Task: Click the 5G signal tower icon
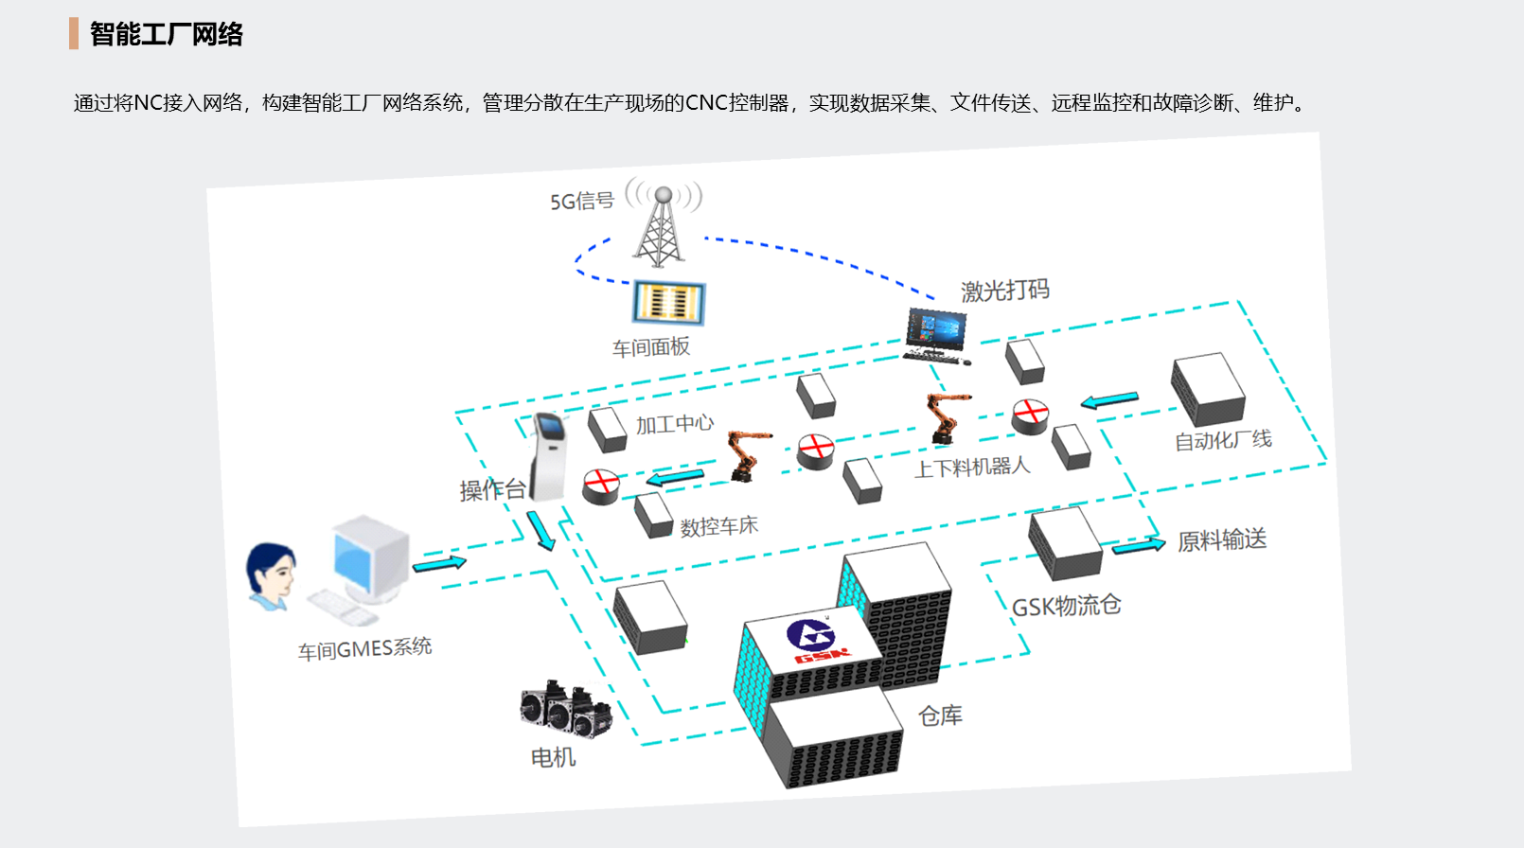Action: [662, 227]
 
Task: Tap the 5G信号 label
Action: [582, 201]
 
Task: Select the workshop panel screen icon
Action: [668, 303]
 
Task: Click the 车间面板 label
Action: [651, 347]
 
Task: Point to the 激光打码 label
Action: [1005, 290]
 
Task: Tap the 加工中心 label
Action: [674, 424]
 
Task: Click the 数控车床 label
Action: [719, 526]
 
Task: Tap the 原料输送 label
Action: [1221, 540]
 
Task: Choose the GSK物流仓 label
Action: [1066, 606]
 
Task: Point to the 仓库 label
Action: [940, 715]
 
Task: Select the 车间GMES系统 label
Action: [364, 649]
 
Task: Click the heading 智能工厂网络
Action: [167, 34]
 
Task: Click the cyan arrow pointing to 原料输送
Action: [1138, 545]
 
